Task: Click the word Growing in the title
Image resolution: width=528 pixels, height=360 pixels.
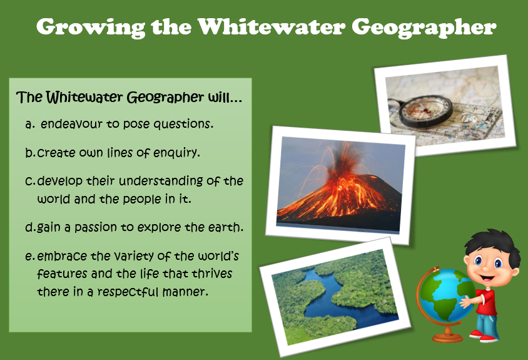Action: (91, 28)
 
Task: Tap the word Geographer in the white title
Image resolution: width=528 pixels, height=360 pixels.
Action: (424, 28)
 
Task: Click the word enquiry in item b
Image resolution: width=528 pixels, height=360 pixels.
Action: (177, 153)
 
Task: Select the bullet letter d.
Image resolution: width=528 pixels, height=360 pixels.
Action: (29, 227)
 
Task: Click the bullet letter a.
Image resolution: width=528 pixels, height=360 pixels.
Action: (29, 125)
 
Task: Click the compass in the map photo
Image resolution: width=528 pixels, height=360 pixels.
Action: (426, 111)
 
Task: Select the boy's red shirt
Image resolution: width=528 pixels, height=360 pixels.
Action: (487, 302)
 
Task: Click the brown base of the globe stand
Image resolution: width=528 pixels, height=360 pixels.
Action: (447, 337)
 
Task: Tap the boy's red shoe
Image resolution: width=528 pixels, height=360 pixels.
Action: (489, 339)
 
